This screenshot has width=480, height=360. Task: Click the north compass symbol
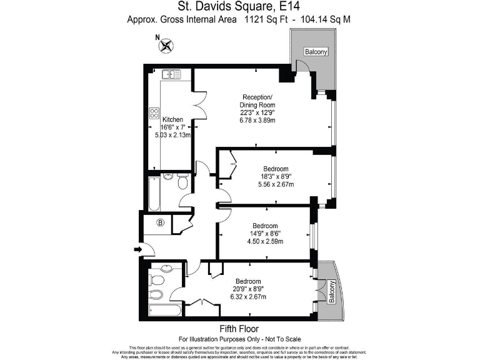[x=166, y=45]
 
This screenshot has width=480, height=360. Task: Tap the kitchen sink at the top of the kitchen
[x=171, y=75]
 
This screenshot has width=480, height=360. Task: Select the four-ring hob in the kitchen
[x=154, y=113]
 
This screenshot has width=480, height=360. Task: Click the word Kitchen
[x=172, y=119]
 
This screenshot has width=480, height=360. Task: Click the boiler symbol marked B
[x=160, y=222]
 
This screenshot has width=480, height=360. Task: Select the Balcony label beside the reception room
[x=316, y=52]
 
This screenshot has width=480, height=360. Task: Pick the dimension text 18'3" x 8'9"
[x=275, y=177]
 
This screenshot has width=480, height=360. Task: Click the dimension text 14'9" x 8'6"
[x=265, y=234]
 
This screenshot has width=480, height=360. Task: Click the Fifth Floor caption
[x=240, y=329]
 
